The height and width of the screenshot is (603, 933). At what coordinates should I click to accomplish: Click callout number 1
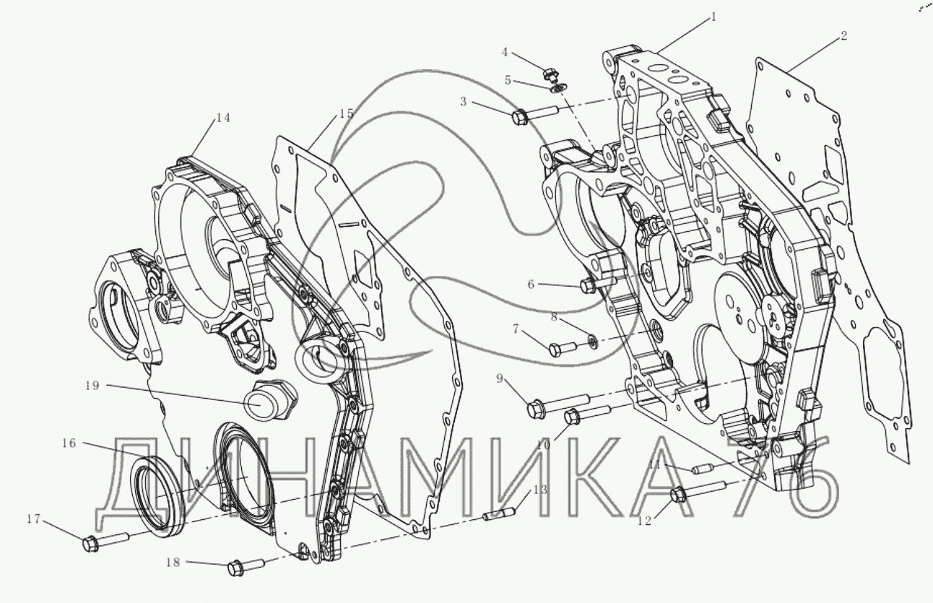(x=713, y=17)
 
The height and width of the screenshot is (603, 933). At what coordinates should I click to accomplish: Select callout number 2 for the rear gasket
(x=843, y=36)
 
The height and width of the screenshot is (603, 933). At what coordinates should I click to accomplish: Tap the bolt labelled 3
(x=534, y=115)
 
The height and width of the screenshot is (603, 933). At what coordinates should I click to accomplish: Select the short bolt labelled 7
(x=562, y=348)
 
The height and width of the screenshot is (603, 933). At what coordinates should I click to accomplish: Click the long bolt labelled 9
(x=557, y=404)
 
